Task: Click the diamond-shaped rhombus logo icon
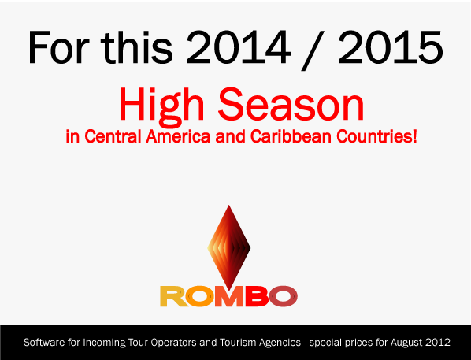pyautogui.click(x=228, y=245)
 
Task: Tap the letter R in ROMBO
pyautogui.click(x=172, y=295)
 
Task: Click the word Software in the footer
pyautogui.click(x=45, y=343)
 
